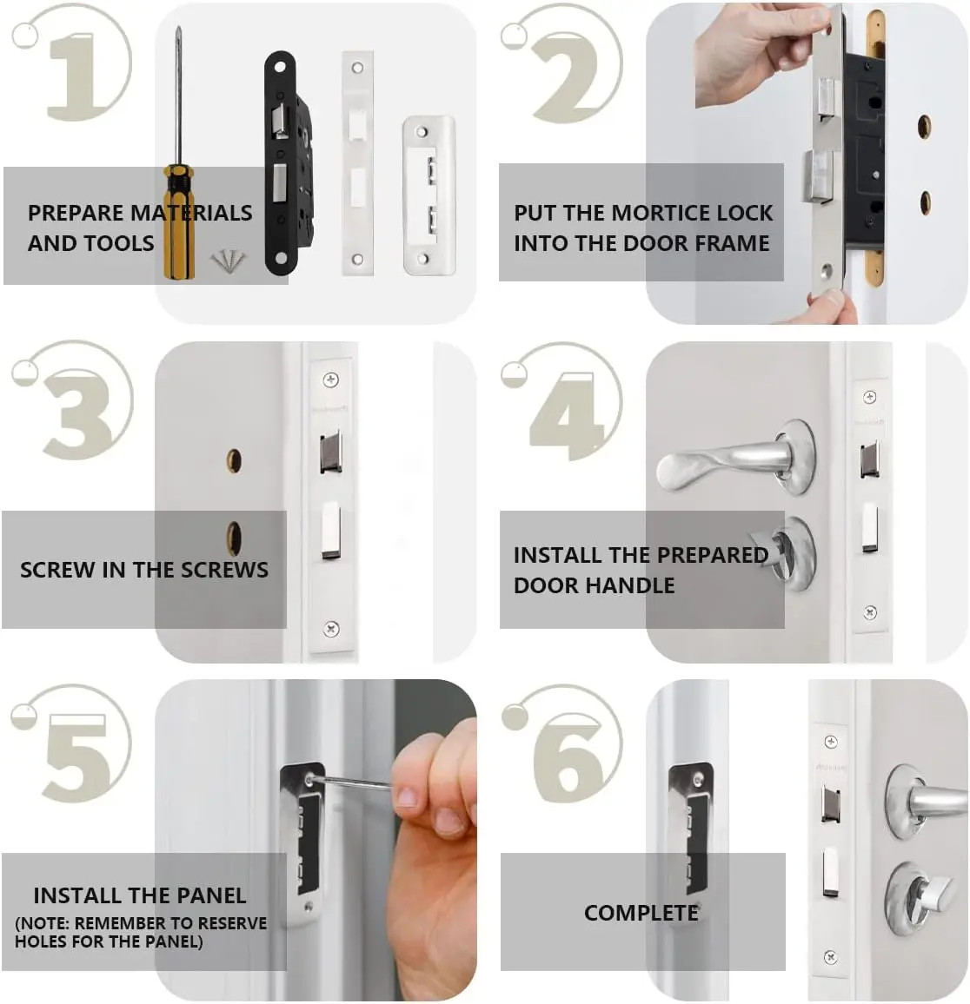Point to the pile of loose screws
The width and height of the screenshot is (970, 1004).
[229, 258]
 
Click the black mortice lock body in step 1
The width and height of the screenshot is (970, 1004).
[287, 165]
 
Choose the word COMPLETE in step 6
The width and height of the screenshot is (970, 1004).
[641, 913]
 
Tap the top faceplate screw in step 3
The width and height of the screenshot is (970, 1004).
[330, 380]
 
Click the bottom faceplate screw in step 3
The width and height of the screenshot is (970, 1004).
[330, 628]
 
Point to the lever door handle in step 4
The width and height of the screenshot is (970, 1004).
[721, 461]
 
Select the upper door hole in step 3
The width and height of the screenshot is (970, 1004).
[234, 460]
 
